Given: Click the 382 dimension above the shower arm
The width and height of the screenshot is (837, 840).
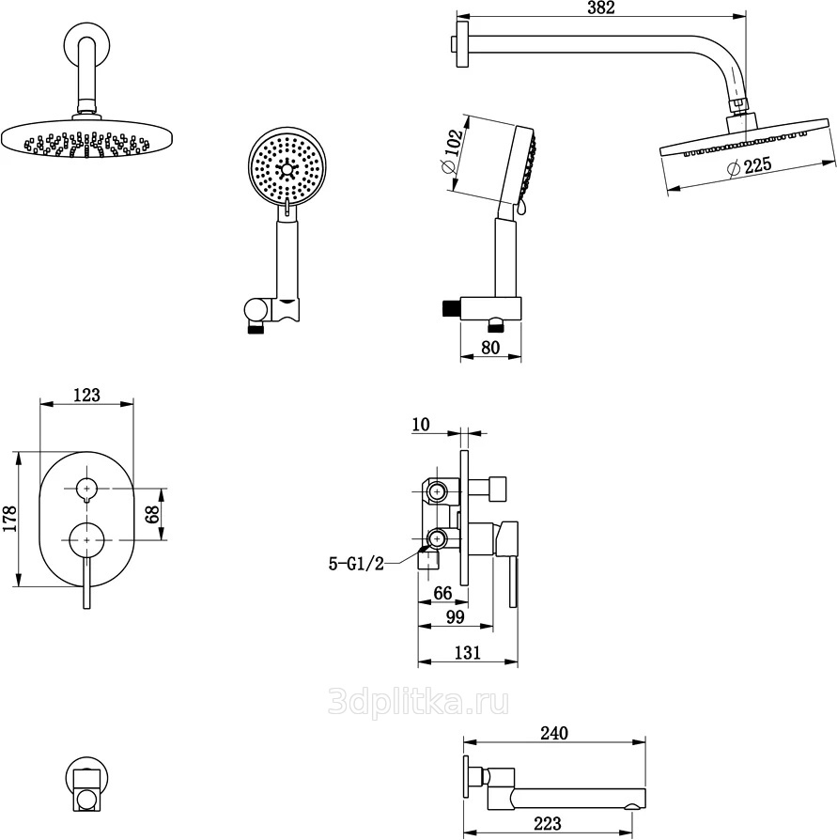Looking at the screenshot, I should pyautogui.click(x=600, y=8).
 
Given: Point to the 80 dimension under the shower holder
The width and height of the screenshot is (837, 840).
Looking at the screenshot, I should pyautogui.click(x=490, y=347).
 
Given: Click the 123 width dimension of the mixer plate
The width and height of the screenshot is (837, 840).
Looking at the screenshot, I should pyautogui.click(x=85, y=395).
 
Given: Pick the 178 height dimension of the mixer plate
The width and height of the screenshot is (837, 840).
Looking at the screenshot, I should pyautogui.click(x=8, y=519).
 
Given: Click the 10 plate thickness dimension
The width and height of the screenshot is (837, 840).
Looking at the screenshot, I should pyautogui.click(x=421, y=425).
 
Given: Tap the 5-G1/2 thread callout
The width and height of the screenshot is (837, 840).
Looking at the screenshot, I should pyautogui.click(x=356, y=564).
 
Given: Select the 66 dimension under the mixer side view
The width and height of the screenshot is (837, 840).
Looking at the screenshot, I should pyautogui.click(x=442, y=592).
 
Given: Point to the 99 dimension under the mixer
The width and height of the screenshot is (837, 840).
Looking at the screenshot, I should pyautogui.click(x=455, y=616).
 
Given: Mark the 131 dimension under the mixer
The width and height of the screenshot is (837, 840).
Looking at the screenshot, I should pyautogui.click(x=467, y=653).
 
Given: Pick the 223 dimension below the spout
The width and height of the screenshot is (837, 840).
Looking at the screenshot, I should pyautogui.click(x=547, y=823).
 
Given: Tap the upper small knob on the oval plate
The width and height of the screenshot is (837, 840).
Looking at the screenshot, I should pyautogui.click(x=86, y=488).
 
